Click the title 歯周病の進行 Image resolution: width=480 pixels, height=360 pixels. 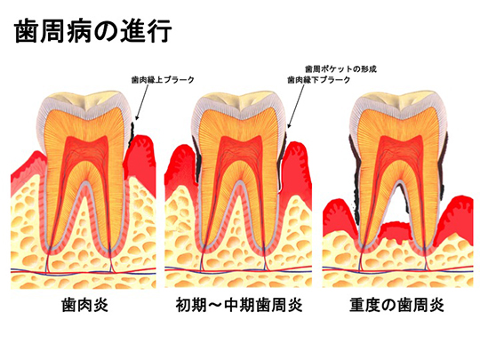pyautogui.click(x=92, y=31)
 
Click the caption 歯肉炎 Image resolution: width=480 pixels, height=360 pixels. pyautogui.click(x=84, y=305)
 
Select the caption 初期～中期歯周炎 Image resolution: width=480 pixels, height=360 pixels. pyautogui.click(x=239, y=305)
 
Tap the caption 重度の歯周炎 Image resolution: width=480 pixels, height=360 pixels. pyautogui.click(x=396, y=305)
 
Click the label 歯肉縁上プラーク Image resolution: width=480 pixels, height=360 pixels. pyautogui.click(x=163, y=80)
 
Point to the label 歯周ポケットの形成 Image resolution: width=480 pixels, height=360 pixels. pyautogui.click(x=340, y=68)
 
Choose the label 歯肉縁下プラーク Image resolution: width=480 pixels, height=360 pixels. pyautogui.click(x=319, y=80)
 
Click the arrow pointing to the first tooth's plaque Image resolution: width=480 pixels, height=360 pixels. pyautogui.click(x=142, y=102)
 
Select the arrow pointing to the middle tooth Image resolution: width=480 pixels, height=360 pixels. pyautogui.click(x=296, y=106)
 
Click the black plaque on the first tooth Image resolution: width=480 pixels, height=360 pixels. pyautogui.click(x=132, y=135)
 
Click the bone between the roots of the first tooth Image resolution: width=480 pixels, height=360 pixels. pyautogui.click(x=86, y=223)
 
